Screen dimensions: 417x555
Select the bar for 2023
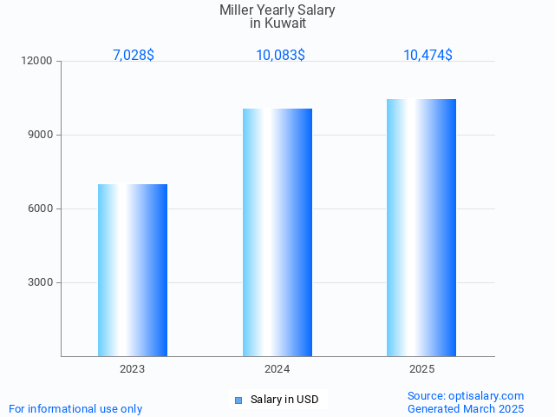tap(133, 270)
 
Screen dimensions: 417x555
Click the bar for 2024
tap(277, 232)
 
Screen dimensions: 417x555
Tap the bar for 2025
tap(421, 228)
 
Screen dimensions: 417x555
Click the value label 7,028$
tap(133, 56)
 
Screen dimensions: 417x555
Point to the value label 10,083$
tap(280, 56)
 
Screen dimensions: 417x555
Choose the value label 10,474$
tap(428, 56)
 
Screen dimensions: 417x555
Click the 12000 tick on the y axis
tap(38, 62)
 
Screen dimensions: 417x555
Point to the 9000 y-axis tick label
tap(41, 136)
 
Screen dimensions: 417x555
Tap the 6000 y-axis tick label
tap(41, 209)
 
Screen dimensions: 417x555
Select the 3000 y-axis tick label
tap(41, 283)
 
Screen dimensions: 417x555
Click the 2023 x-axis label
tap(133, 369)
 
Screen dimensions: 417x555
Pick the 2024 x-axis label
tap(277, 369)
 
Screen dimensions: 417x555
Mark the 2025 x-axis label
tap(421, 369)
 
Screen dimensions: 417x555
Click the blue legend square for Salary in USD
tap(238, 400)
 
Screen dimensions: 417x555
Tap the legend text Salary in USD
tap(284, 400)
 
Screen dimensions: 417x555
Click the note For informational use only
tap(75, 408)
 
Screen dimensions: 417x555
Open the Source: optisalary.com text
tap(466, 395)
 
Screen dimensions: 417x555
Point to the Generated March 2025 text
tap(466, 408)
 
